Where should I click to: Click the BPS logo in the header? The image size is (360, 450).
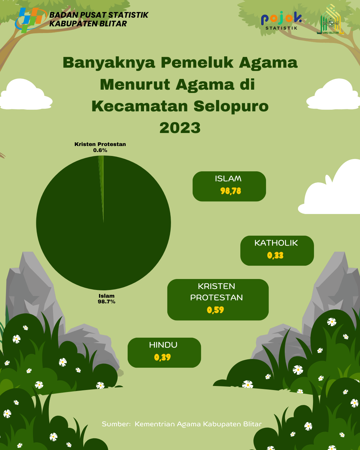31,20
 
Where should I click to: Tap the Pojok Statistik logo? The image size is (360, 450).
281,21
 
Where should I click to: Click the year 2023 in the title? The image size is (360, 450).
180,128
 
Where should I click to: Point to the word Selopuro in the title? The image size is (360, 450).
231,106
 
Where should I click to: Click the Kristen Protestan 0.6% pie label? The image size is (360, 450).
100,147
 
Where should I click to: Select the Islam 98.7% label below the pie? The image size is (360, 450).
106,299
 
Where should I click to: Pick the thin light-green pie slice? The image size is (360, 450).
101,184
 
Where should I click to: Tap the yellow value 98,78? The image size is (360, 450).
231,191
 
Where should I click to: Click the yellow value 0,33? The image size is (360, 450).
275,255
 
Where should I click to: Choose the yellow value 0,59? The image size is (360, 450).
215,310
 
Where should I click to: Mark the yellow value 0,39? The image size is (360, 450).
163,357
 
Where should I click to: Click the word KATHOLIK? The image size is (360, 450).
276,243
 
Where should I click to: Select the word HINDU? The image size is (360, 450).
163,345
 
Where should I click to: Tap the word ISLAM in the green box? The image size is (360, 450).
228,179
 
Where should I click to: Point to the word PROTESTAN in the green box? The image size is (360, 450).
217,298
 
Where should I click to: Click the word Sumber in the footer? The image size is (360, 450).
116,424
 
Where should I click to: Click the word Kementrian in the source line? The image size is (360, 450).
155,424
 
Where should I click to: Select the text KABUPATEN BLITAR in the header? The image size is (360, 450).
88,24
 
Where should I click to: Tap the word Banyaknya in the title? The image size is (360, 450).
109,63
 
